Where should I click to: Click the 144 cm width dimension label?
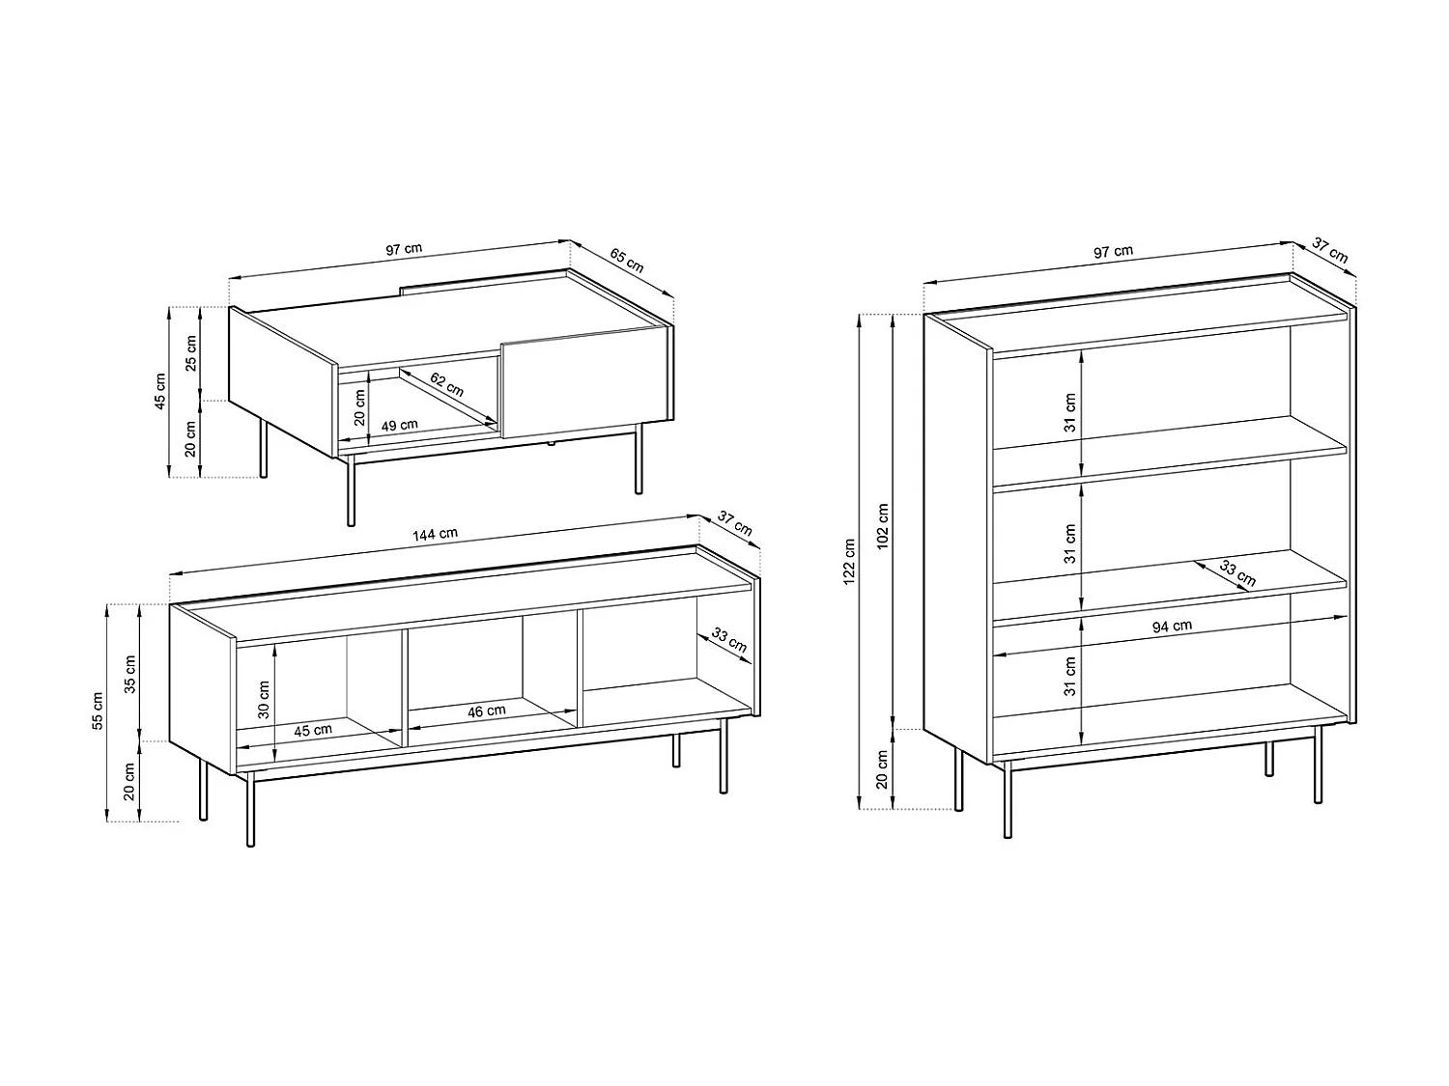click(x=435, y=533)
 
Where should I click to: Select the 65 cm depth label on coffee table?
click(x=627, y=261)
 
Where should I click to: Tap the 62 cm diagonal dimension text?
click(x=446, y=385)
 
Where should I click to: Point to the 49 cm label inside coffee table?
click(x=400, y=425)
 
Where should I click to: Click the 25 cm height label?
click(x=191, y=353)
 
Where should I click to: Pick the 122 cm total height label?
click(x=848, y=561)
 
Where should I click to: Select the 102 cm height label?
click(x=882, y=525)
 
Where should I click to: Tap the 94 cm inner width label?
click(x=1172, y=627)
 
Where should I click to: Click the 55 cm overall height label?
click(x=97, y=711)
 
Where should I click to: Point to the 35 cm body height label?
click(x=130, y=673)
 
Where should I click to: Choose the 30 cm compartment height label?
click(x=264, y=700)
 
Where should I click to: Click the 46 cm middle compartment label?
click(x=487, y=711)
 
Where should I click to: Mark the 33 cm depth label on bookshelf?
click(x=1237, y=573)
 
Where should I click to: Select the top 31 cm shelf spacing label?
click(x=1069, y=412)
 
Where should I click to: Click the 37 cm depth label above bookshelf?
click(x=1332, y=251)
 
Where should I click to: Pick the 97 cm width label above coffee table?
click(x=404, y=249)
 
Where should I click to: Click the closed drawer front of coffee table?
click(x=585, y=381)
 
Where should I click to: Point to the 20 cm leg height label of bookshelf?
click(x=882, y=768)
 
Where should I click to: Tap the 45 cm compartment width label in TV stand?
click(x=313, y=730)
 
